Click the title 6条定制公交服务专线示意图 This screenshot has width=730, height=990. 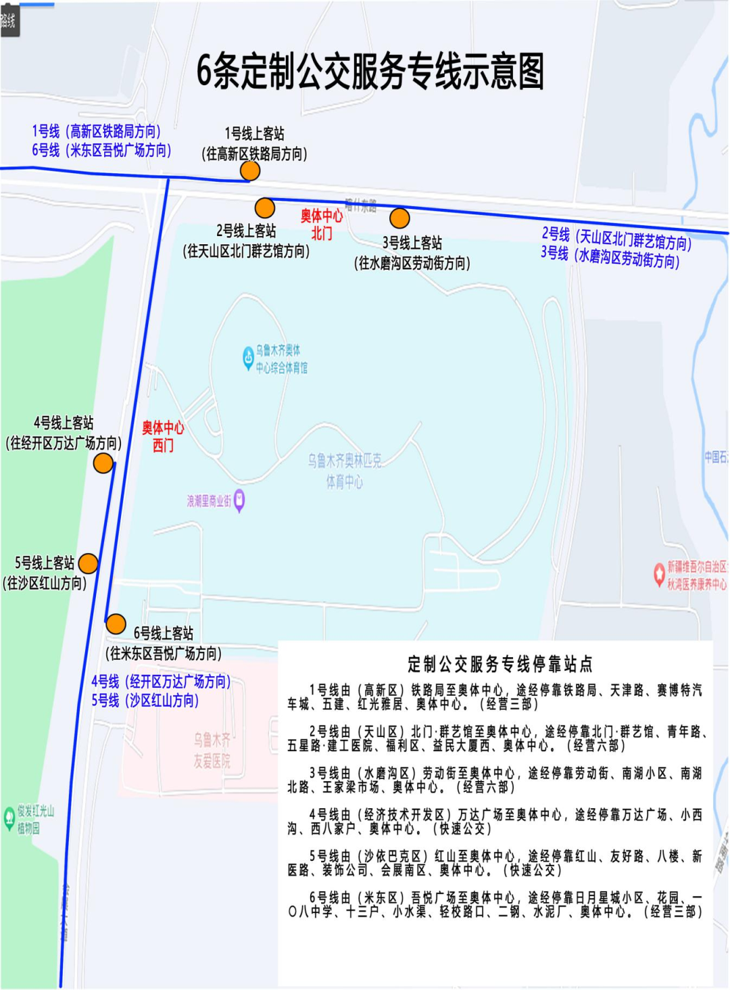point(370,72)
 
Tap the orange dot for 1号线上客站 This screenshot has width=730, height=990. point(250,171)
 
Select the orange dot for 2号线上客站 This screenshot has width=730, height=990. point(265,208)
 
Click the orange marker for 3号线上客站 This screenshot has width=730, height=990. point(399,218)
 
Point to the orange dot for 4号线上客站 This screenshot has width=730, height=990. point(103,463)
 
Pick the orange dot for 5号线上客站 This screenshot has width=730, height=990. point(89,563)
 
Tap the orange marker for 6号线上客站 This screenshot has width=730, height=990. point(116,623)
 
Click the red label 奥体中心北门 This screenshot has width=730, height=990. point(322,225)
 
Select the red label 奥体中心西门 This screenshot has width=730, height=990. point(163,436)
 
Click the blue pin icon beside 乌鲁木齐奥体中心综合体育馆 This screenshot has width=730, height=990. point(248,357)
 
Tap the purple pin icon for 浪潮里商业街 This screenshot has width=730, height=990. point(239,500)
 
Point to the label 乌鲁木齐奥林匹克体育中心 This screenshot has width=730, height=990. point(345,471)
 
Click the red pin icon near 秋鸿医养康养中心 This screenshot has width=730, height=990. point(659,574)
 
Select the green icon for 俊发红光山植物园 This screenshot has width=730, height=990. point(9,818)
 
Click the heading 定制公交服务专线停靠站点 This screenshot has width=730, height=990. point(500,664)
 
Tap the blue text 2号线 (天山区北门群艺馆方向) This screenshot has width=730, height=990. point(616,238)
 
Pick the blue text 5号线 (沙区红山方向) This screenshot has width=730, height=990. point(145,701)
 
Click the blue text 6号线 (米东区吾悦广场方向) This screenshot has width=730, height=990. point(101,150)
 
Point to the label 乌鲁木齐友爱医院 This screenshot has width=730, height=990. point(212,751)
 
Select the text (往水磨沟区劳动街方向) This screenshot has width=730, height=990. point(412,263)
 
